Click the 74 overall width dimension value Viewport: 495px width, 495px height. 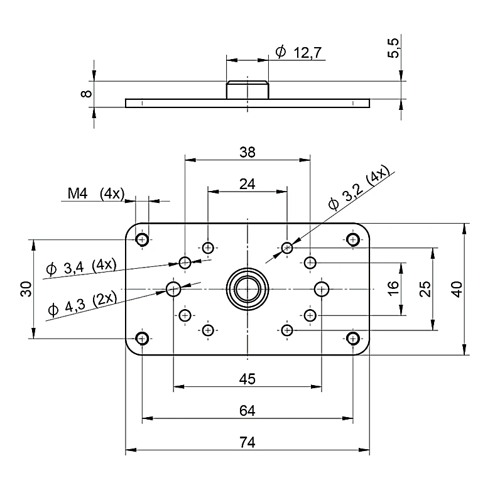point(247,442)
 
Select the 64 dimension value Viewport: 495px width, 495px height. point(247,411)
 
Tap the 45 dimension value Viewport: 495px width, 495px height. point(247,379)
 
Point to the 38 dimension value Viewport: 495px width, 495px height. point(247,152)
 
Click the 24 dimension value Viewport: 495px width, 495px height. point(247,183)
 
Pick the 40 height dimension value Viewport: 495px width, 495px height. point(457,289)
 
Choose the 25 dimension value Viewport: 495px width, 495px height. point(425,289)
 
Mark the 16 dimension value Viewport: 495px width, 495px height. point(393,288)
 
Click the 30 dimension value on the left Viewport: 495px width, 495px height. point(26,289)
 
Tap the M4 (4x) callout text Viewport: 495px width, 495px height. point(96,193)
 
